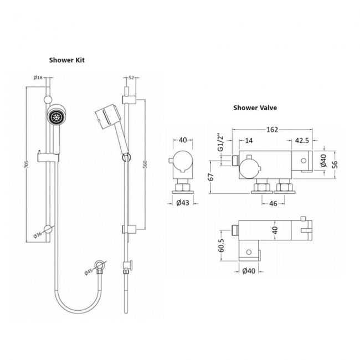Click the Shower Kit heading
pyautogui.click(x=67, y=60)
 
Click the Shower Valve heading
pyautogui.click(x=255, y=107)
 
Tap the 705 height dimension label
pyautogui.click(x=27, y=164)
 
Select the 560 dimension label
pyautogui.click(x=145, y=164)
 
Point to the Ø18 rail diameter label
pyautogui.click(x=38, y=78)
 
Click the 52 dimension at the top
pyautogui.click(x=131, y=78)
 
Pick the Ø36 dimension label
pyautogui.click(x=38, y=235)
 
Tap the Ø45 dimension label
pyautogui.click(x=89, y=272)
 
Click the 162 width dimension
pyautogui.click(x=272, y=130)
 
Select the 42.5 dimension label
pyautogui.click(x=302, y=140)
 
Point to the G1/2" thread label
pyautogui.click(x=220, y=142)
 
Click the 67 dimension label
pyautogui.click(x=210, y=177)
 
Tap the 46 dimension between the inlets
pyautogui.click(x=272, y=203)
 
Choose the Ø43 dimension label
pyautogui.click(x=183, y=203)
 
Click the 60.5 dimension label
pyautogui.click(x=221, y=245)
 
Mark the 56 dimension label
pyautogui.click(x=335, y=164)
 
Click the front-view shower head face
pyautogui.click(x=55, y=115)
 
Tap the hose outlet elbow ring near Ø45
pyautogui.click(x=100, y=265)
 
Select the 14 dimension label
pyautogui.click(x=249, y=140)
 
